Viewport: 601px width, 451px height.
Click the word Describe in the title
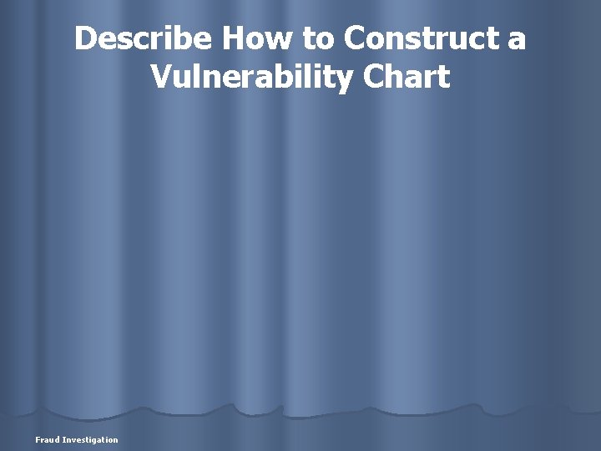143,38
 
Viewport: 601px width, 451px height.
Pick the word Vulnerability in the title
252,78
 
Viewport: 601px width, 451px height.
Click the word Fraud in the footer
47,439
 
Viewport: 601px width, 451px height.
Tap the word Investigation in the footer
90,439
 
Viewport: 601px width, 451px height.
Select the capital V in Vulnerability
162,77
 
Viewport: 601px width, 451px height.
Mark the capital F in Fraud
38,439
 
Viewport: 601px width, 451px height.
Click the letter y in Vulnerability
346,80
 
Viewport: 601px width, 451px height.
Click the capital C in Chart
375,77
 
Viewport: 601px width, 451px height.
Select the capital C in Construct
356,38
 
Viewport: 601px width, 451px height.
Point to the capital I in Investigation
63,439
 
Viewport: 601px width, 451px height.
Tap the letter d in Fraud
57,439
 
